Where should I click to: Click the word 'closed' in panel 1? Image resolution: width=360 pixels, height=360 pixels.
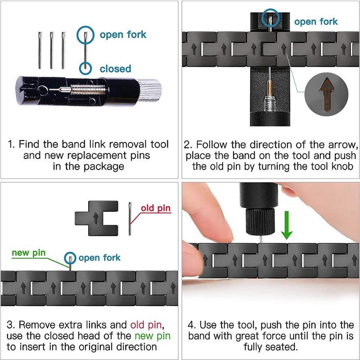pos(115,69)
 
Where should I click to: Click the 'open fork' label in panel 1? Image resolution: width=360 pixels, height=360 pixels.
pos(123,35)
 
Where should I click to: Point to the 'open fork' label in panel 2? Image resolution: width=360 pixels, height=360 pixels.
pos(316,21)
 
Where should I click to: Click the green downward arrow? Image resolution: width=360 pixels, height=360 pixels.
pos(287,228)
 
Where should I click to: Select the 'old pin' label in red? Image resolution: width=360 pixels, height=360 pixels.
pos(156,209)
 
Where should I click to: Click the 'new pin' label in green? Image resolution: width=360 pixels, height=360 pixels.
pos(29,252)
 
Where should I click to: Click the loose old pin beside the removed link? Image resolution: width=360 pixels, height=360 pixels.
pos(130,219)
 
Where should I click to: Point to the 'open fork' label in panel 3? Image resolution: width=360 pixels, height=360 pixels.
pos(99,258)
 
